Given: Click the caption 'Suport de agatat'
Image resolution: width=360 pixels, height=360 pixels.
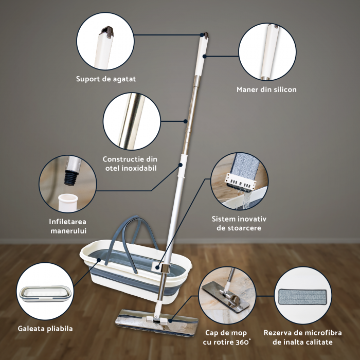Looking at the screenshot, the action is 106,79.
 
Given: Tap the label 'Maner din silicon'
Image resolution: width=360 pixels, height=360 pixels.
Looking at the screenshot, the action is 266,89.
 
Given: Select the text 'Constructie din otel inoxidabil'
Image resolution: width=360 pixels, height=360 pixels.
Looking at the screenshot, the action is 131,164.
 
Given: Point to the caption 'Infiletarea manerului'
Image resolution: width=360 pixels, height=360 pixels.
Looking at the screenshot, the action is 68,226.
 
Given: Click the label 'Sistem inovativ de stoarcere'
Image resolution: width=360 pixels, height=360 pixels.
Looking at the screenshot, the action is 239,223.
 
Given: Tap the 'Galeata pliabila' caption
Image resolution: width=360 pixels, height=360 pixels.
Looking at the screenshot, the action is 45,329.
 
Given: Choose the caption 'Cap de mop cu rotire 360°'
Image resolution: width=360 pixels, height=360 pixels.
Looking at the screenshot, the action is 226,337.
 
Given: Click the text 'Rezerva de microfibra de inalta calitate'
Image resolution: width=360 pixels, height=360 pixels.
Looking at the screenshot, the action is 302,337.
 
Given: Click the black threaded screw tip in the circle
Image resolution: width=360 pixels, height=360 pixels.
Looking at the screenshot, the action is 71,177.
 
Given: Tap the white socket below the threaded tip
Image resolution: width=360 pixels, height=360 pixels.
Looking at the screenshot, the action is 68,202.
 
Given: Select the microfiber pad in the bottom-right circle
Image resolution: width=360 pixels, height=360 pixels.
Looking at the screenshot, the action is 303,297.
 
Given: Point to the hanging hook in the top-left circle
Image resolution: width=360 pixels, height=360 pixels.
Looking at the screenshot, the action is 107,32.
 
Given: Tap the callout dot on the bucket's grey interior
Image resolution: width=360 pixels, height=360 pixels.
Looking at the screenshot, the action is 99,260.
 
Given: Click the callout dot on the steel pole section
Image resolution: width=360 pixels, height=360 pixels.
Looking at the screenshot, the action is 186,121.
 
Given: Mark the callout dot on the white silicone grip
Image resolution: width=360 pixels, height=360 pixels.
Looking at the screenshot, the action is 204,56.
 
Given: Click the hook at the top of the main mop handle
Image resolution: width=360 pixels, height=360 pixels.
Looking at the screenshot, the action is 206,35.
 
